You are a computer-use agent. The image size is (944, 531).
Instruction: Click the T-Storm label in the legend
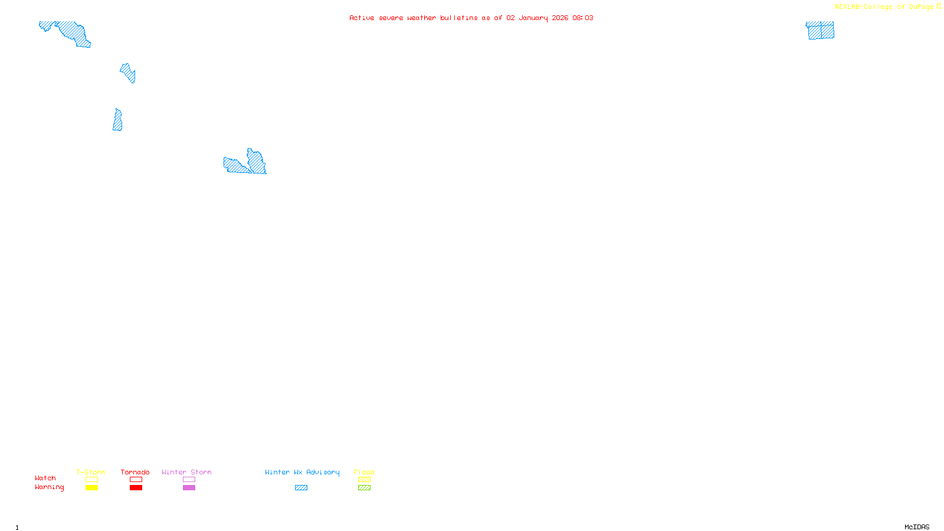click(91, 472)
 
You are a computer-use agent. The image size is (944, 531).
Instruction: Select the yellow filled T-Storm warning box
click(91, 487)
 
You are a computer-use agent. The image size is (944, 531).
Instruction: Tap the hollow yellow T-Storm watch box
click(91, 480)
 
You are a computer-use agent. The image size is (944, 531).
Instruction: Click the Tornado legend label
click(135, 472)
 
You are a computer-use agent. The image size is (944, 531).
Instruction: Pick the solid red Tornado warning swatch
click(136, 487)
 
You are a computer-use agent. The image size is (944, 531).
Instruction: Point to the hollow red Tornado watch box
click(136, 480)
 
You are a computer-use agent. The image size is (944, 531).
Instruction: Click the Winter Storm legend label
click(186, 472)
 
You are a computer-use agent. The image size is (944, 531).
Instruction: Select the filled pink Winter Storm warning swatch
click(189, 487)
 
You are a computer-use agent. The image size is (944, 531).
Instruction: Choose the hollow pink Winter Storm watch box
click(189, 480)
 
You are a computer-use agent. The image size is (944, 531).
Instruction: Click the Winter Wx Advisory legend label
click(302, 472)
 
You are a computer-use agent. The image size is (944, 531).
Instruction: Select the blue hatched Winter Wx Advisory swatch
click(301, 487)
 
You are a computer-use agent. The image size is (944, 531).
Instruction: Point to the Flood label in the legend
click(364, 472)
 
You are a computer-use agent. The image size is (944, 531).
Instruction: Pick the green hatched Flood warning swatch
click(364, 487)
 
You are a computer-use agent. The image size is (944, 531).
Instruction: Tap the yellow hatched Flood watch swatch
click(364, 480)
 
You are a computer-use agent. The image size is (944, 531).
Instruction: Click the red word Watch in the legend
click(45, 478)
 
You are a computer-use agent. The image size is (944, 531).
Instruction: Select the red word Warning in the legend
click(50, 487)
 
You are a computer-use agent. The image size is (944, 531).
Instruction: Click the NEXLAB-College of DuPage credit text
click(884, 7)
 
